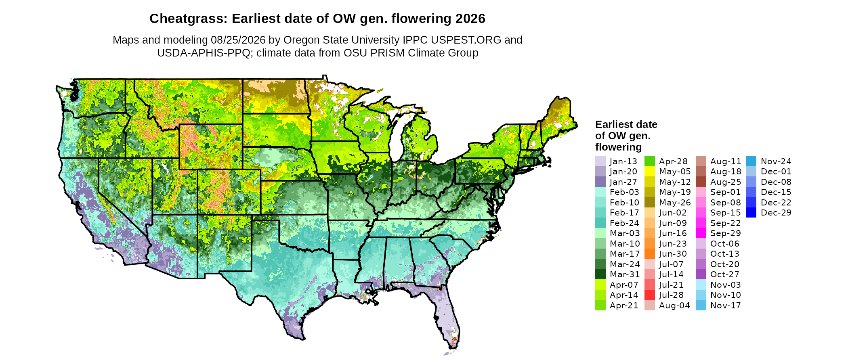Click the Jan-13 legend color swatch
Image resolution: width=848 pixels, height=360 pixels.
point(600,161)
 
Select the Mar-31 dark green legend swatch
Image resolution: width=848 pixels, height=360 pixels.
point(600,274)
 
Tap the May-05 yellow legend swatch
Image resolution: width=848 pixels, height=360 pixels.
point(650,172)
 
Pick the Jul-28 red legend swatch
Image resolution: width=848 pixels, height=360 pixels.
point(650,295)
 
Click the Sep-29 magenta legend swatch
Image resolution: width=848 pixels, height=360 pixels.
point(701,233)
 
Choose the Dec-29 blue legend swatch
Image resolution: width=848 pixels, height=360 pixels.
point(751,213)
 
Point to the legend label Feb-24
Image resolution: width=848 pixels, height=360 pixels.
point(624,223)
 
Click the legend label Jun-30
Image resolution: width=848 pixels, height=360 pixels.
point(673,254)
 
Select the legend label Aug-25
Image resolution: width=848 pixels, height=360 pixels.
point(726,182)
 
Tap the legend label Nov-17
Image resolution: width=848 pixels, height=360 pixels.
point(726,306)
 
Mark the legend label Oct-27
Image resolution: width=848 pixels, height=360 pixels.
point(725,274)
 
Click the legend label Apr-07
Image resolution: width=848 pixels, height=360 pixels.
point(624,285)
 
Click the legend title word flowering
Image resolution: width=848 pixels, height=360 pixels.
point(618,147)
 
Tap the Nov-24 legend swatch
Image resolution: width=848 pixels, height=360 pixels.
point(751,161)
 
